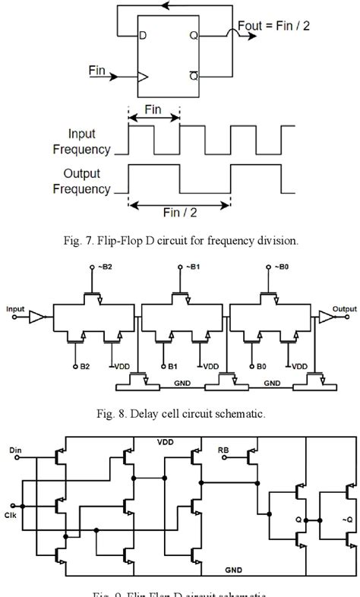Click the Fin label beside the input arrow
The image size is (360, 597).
pyautogui.click(x=97, y=69)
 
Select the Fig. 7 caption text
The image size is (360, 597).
pyautogui.click(x=180, y=242)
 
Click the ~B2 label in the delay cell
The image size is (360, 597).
pyautogui.click(x=95, y=268)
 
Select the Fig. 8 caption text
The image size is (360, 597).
pyautogui.click(x=180, y=415)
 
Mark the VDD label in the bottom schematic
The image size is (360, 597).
pyautogui.click(x=166, y=441)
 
